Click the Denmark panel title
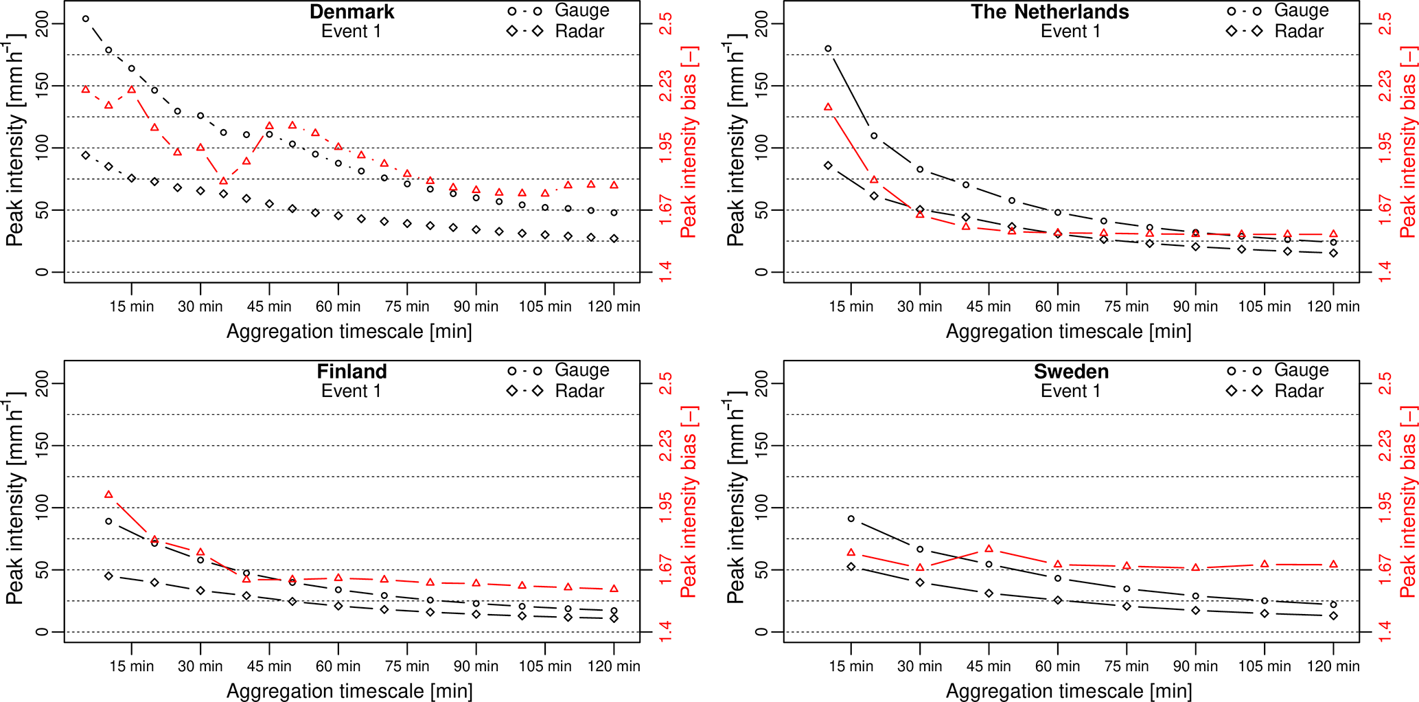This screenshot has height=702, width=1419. click(351, 12)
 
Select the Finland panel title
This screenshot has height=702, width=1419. click(351, 372)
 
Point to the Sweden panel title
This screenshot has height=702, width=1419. click(1071, 372)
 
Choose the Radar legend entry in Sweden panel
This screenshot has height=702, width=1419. click(1299, 391)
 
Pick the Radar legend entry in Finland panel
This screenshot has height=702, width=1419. click(579, 391)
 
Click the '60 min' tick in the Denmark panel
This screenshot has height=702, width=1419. click(338, 306)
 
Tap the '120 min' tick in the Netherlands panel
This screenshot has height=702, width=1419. click(1333, 306)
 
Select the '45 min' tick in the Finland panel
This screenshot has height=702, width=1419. click(269, 666)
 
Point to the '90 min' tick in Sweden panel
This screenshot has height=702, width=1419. click(1195, 666)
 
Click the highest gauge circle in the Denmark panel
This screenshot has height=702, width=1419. click(86, 19)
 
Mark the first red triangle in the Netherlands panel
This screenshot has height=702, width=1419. click(828, 107)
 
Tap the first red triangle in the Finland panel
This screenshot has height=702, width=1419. click(108, 495)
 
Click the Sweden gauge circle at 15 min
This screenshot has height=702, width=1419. click(851, 519)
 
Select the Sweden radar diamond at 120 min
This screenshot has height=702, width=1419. click(1333, 615)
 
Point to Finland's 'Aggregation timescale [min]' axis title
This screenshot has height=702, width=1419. click(349, 691)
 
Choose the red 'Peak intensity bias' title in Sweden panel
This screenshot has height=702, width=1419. click(1407, 501)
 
